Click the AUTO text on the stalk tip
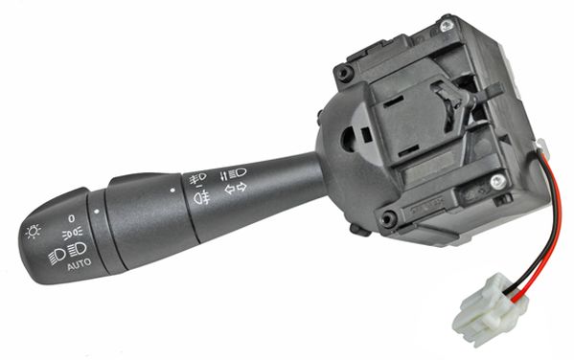[x=80, y=264]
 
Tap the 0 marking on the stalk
[x=71, y=218]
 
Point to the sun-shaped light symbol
[x=33, y=232]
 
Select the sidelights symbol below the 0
[x=72, y=234]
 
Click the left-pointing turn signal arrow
[x=230, y=190]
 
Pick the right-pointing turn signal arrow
[x=241, y=187]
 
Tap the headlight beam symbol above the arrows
[x=233, y=173]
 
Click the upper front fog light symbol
[x=197, y=178]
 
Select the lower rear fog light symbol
[x=201, y=198]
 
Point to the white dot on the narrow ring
[x=96, y=211]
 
